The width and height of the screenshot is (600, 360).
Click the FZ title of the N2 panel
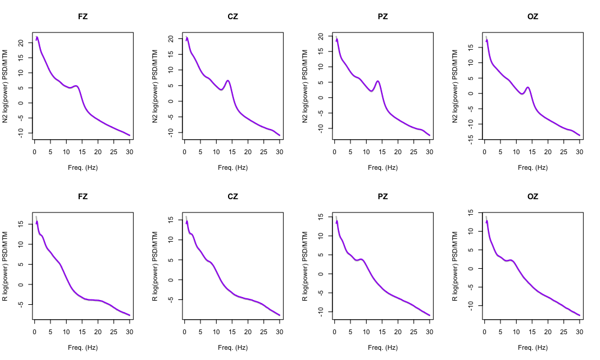tap(83, 16)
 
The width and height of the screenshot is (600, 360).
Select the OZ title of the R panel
tap(533, 196)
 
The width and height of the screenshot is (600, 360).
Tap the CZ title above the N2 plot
tap(233, 16)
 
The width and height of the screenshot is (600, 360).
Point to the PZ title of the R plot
tap(383, 196)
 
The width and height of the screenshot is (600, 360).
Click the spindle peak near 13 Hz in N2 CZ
tap(228, 80)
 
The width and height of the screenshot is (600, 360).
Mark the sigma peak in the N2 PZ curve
tap(378, 81)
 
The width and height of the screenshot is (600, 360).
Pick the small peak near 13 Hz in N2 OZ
tap(528, 88)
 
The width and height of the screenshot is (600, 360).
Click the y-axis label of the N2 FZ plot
tap(6, 86)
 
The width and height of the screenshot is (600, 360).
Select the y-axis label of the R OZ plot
tap(456, 266)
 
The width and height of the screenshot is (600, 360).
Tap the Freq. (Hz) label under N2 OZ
tap(533, 167)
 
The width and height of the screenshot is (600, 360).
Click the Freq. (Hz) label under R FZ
tap(83, 347)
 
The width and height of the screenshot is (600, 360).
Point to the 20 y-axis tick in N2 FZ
tap(20, 43)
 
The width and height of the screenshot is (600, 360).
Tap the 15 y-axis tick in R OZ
tap(470, 212)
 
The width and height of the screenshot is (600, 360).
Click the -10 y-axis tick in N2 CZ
tap(170, 131)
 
